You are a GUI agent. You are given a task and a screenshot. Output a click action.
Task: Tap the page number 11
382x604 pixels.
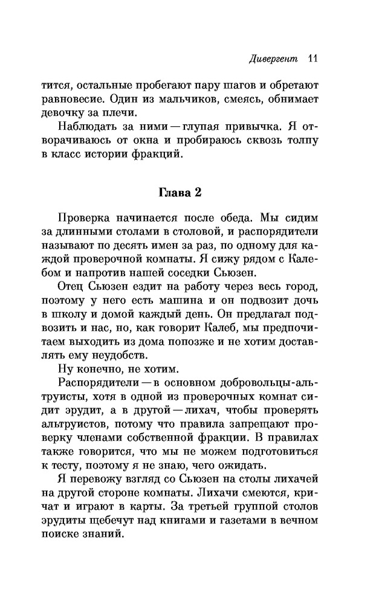click(x=312, y=59)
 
